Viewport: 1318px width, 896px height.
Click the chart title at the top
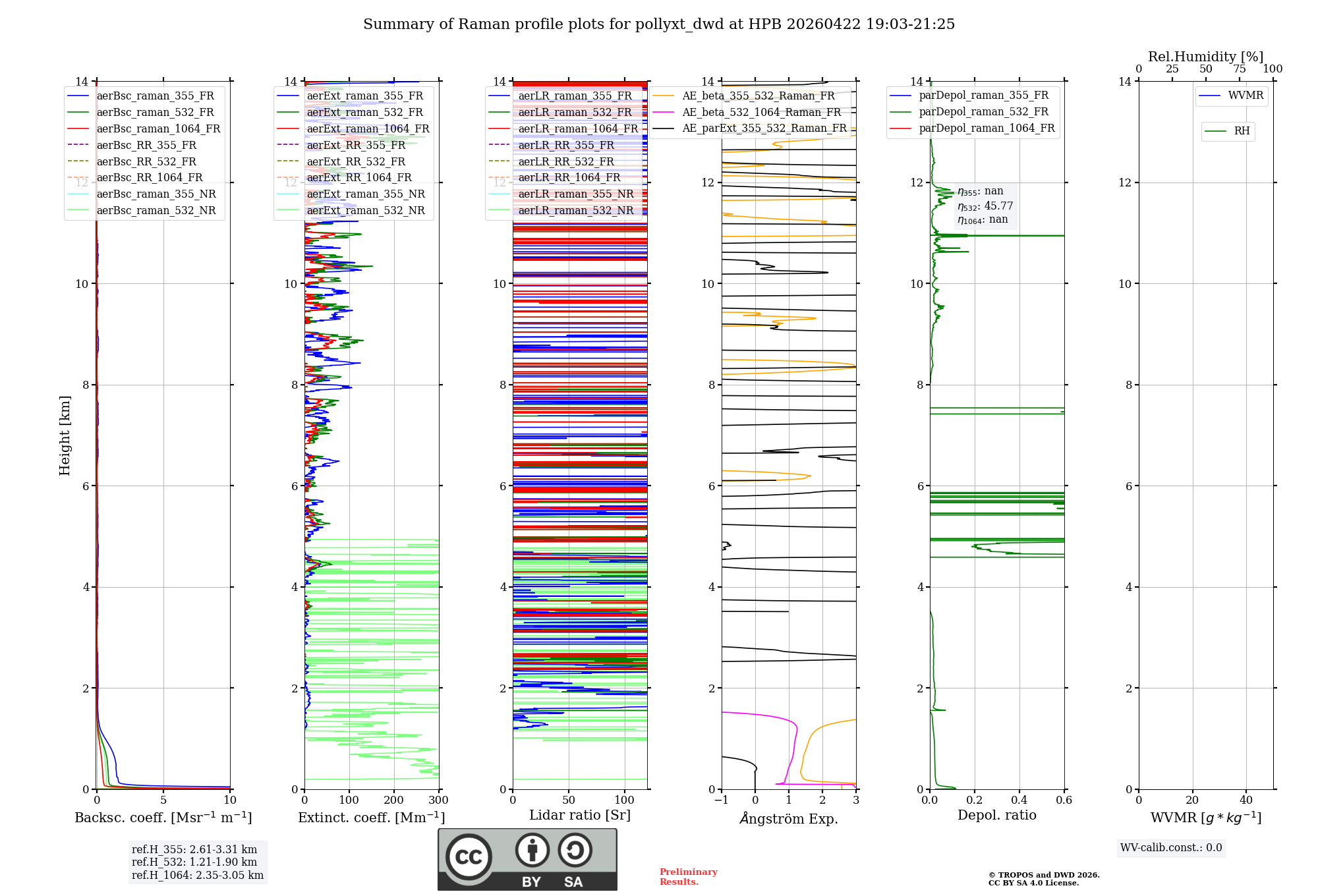(659, 24)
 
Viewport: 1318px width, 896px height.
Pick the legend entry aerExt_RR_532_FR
(356, 161)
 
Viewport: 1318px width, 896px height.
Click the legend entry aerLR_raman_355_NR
(575, 194)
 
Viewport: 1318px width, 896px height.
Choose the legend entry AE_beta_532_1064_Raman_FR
(761, 112)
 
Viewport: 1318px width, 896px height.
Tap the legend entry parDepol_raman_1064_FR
(987, 128)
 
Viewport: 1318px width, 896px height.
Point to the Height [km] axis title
(65, 435)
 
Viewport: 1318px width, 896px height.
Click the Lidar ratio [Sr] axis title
(580, 815)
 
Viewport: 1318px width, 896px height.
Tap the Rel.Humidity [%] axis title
(1205, 57)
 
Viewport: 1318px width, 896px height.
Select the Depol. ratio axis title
(996, 815)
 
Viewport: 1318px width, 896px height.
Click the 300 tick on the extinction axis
(438, 800)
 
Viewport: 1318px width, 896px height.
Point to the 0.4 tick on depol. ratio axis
(1019, 800)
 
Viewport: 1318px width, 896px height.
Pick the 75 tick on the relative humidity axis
(1239, 69)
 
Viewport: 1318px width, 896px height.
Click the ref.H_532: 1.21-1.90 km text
(194, 862)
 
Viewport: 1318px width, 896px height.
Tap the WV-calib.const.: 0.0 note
(1171, 848)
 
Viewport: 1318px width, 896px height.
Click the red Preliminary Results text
(688, 877)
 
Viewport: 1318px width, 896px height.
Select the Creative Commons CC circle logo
(469, 857)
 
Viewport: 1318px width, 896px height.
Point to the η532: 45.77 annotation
(985, 206)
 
